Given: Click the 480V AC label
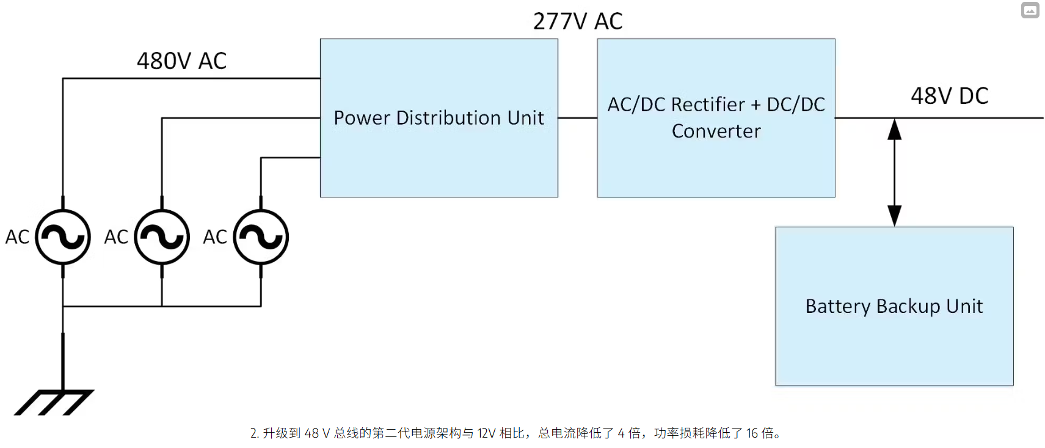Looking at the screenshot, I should click(x=181, y=61).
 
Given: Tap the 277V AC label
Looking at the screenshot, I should click(x=577, y=21).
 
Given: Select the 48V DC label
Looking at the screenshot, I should click(x=949, y=96).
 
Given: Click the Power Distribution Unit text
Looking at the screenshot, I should click(x=439, y=118).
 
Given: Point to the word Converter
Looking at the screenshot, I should click(x=716, y=131).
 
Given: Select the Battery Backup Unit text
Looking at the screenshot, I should click(x=894, y=306).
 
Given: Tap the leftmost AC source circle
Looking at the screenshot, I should click(x=63, y=237).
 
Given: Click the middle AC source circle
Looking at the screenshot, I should click(x=162, y=237).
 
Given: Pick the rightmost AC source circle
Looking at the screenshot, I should click(x=261, y=237).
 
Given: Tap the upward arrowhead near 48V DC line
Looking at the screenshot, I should click(x=894, y=130).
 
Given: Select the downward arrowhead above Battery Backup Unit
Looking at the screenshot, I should click(x=894, y=216).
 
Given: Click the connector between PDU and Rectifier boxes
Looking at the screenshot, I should click(x=577, y=118).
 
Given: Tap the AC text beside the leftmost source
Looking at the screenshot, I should click(x=17, y=237).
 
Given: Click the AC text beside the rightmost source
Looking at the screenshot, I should click(x=215, y=237).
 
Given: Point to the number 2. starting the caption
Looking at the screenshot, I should click(x=254, y=433).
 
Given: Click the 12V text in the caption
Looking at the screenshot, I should click(x=486, y=433).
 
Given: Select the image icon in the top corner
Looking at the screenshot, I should click(x=1030, y=10).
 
